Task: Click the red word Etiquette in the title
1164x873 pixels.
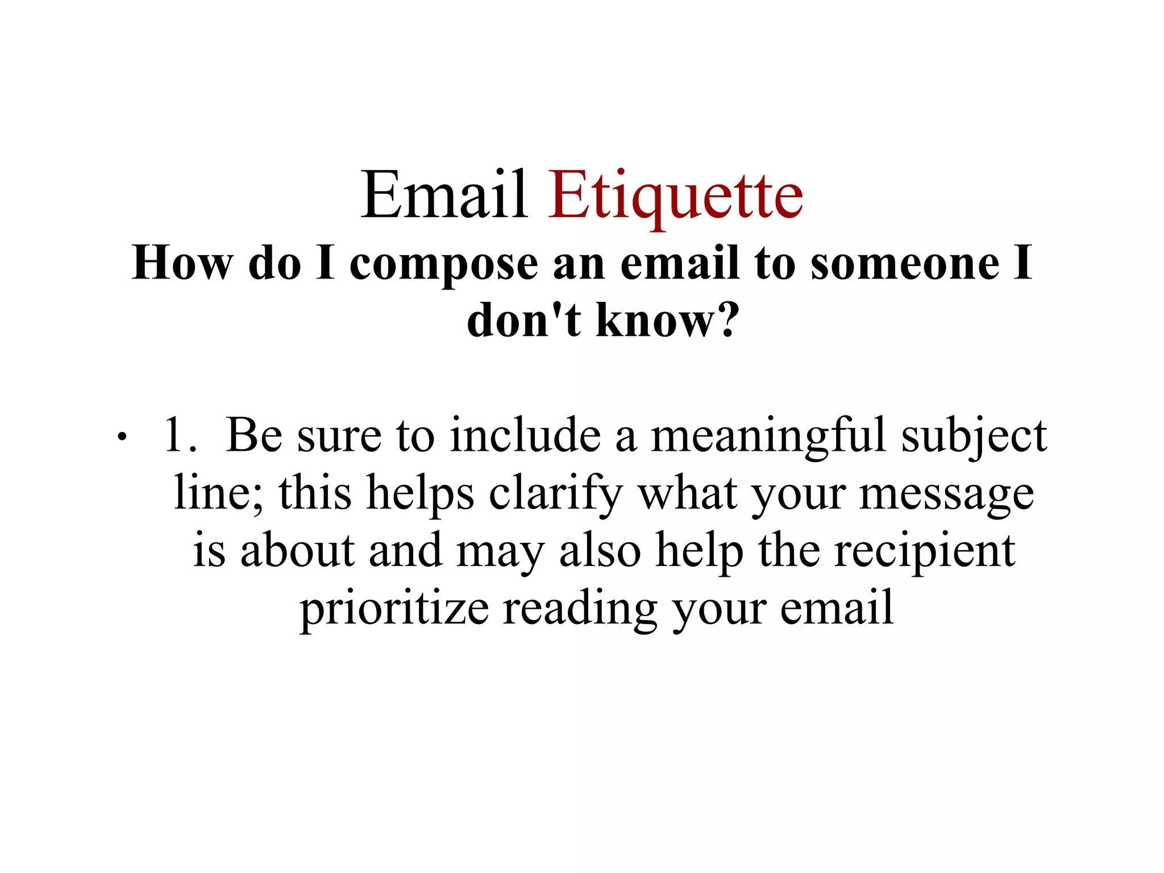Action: coord(675,196)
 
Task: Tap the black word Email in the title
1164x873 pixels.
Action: coord(444,196)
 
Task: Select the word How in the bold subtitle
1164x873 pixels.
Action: coord(182,264)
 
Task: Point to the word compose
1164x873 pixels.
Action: coord(443,265)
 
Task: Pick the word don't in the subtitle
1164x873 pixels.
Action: coord(523,319)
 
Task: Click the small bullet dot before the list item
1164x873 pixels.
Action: coord(120,438)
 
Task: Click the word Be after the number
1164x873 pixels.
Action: coord(254,435)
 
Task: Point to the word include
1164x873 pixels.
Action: coord(525,435)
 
